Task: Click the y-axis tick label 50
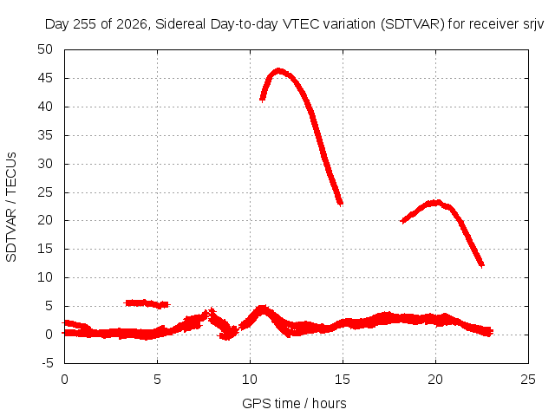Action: coord(45,49)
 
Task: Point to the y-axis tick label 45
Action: coord(45,78)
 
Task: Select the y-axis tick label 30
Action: coord(45,164)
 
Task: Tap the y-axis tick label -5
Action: coord(48,363)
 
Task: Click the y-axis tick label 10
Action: coord(45,277)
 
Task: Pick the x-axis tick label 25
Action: coord(528,380)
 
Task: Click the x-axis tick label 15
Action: coord(343,380)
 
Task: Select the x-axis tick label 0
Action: coord(64,380)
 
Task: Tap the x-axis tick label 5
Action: coord(157,380)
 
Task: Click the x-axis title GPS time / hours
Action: coord(294,403)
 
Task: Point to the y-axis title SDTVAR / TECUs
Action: coord(11,207)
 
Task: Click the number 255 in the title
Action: coord(84,24)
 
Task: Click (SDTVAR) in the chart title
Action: coord(413,24)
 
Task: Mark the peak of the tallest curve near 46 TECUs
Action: coord(278,71)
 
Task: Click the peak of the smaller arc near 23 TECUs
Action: coord(437,203)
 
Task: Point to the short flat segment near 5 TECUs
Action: coord(147,303)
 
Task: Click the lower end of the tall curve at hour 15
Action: coord(340,204)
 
